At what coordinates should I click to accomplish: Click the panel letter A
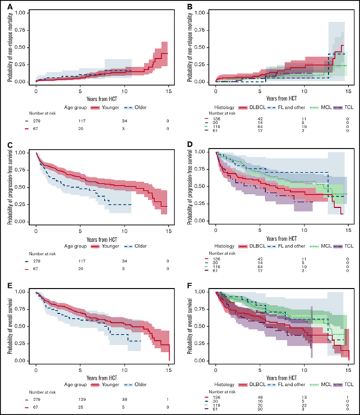click(x=6, y=7)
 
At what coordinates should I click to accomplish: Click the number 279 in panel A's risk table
click(x=37, y=122)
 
